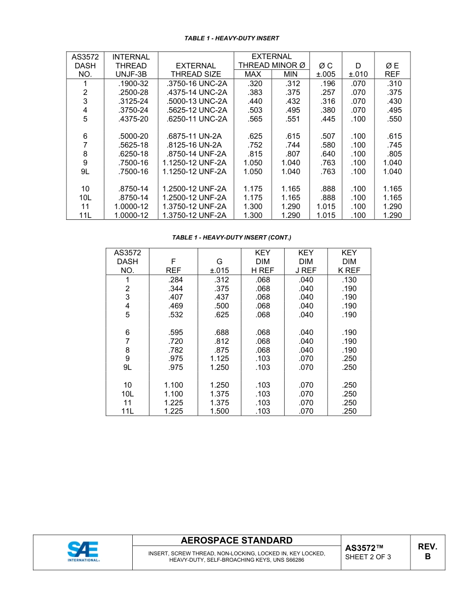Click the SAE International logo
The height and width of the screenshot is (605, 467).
point(83,551)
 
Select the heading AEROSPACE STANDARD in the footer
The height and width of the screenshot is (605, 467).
point(236,541)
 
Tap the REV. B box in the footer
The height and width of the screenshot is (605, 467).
point(427,552)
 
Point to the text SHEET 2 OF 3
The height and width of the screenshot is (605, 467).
point(368,557)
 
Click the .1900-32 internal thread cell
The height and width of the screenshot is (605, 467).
point(133,84)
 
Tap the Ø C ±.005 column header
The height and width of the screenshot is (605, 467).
point(325,70)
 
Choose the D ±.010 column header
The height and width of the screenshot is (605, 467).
point(358,70)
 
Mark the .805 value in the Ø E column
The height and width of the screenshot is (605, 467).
point(394,154)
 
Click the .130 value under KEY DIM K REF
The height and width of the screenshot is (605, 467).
point(349,280)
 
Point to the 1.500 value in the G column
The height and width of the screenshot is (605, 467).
point(219,411)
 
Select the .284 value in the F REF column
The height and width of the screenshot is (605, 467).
point(175,280)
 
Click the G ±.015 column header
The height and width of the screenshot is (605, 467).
point(219,266)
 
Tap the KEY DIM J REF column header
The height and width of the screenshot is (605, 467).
point(306,261)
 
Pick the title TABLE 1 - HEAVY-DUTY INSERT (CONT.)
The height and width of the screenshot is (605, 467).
point(232,238)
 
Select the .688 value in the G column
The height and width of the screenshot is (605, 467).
point(222,333)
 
